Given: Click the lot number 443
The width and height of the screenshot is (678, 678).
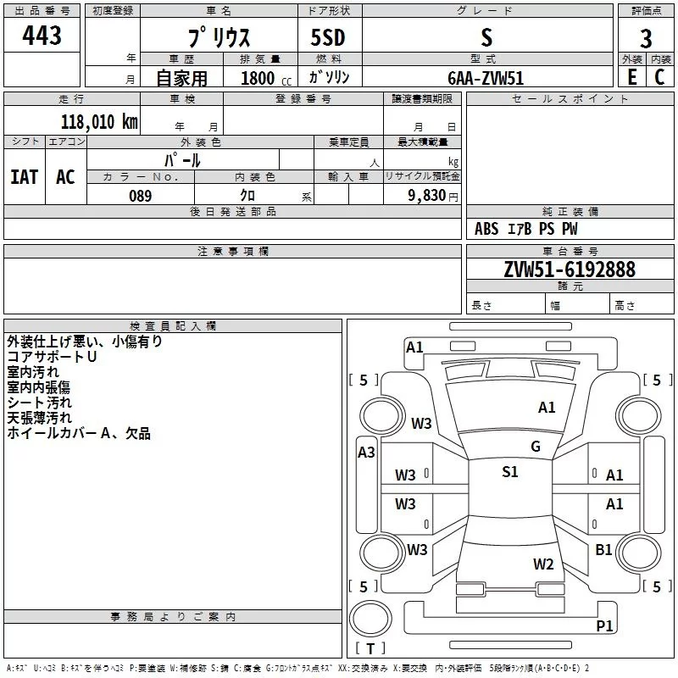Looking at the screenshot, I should tap(42, 36).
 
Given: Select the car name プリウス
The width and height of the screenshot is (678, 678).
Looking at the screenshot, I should tap(219, 37).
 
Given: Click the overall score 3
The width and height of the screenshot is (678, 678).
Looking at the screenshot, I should tap(646, 38).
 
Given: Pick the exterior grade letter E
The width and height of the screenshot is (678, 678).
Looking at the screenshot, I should tap(632, 76).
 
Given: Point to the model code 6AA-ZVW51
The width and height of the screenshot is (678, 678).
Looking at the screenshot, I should tap(486, 77).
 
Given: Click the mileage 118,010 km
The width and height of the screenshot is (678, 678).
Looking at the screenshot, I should tap(98, 121).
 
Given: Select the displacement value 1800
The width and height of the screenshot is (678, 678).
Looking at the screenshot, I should tap(258, 78).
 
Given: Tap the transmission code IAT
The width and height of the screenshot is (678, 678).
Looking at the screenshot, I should tap(24, 176).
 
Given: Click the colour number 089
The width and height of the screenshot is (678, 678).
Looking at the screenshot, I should tap(140, 196).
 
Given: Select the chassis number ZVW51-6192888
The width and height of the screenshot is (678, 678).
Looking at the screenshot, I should tap(569, 270).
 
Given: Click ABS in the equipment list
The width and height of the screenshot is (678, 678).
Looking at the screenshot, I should tap(486, 229).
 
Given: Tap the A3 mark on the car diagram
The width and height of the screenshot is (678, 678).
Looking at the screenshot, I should tap(366, 453).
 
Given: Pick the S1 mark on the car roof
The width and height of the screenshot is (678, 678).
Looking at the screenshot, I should tap(509, 472).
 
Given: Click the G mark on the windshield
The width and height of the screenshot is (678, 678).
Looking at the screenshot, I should tap(536, 447).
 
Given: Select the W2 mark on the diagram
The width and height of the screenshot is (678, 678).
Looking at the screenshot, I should tap(543, 564).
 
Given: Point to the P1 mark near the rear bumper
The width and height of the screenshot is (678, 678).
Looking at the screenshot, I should tap(604, 625).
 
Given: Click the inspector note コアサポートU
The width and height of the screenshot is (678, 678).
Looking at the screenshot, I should tap(52, 357).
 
